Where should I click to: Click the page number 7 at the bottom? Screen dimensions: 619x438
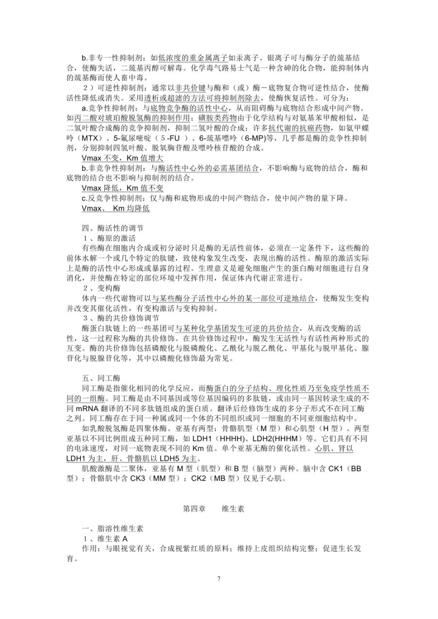219,579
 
